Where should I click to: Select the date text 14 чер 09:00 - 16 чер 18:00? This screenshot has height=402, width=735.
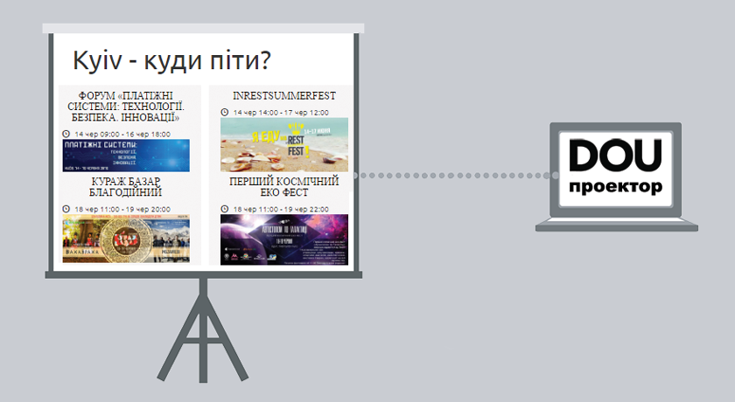tap(122, 134)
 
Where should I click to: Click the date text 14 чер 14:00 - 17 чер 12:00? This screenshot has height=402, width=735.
tap(281, 113)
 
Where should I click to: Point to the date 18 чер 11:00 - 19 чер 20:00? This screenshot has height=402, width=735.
tap(122, 210)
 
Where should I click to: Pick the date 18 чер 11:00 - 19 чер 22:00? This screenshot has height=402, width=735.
tap(281, 210)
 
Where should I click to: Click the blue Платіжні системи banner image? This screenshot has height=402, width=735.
tap(126, 155)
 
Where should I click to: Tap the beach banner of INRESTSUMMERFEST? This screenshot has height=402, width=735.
tap(283, 144)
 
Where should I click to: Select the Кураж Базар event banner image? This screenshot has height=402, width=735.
tap(126, 240)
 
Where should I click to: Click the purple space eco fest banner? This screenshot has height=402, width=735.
tap(283, 239)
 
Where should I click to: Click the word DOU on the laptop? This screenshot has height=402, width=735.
tap(615, 156)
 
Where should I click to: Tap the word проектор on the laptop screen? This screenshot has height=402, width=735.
tap(615, 187)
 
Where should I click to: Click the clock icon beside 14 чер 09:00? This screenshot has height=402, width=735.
tap(66, 134)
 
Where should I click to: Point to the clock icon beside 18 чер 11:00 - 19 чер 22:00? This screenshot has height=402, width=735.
tap(225, 210)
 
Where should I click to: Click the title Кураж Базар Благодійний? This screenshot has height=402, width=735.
tap(126, 187)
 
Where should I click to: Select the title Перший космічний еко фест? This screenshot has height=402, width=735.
tap(283, 187)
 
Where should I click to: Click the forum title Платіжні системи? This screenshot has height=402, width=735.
tap(126, 106)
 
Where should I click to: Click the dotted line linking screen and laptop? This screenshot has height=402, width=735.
tap(455, 176)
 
